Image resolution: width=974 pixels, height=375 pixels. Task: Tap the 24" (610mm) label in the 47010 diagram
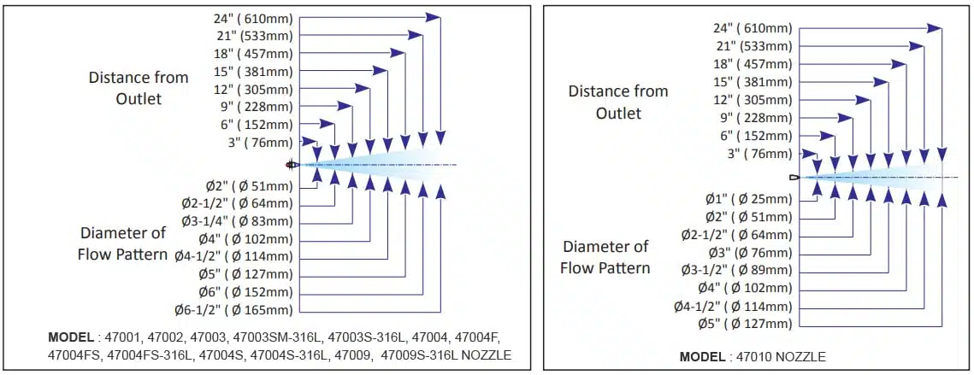(x=753, y=28)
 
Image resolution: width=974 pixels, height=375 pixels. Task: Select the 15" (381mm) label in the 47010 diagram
(x=753, y=82)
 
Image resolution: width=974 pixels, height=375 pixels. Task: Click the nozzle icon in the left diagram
(x=292, y=164)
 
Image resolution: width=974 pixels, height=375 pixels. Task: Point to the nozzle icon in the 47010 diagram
(x=794, y=177)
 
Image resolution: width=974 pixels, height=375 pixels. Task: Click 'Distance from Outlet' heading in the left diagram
(x=139, y=88)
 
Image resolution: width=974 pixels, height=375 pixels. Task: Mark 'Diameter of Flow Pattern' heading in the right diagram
(x=605, y=257)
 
